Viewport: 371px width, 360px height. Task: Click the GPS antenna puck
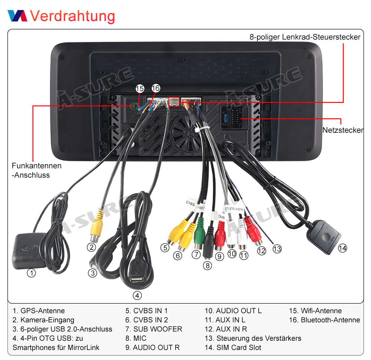click(x=29, y=251)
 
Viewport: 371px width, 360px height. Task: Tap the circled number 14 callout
click(x=342, y=248)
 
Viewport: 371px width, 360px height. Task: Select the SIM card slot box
click(x=324, y=237)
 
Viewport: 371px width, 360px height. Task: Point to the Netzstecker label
click(x=343, y=130)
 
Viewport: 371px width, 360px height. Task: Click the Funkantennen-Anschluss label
click(x=37, y=170)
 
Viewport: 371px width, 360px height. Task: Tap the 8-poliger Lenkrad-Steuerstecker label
click(x=305, y=37)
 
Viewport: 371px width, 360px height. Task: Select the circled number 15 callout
click(x=139, y=89)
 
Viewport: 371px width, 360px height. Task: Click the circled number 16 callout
click(x=156, y=88)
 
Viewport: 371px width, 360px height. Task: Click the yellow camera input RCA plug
click(x=97, y=227)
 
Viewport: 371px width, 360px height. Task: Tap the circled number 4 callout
click(x=137, y=295)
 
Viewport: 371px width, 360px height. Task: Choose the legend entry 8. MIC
click(x=136, y=338)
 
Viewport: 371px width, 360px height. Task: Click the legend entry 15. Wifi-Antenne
click(x=315, y=311)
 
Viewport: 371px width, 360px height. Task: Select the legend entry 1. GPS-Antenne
click(x=39, y=311)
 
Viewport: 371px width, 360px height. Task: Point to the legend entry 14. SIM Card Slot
click(x=233, y=347)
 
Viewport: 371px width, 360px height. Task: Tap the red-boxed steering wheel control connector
click(x=174, y=102)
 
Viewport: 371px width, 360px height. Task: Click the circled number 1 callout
click(x=31, y=273)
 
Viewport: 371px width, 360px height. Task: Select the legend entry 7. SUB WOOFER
click(x=154, y=329)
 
